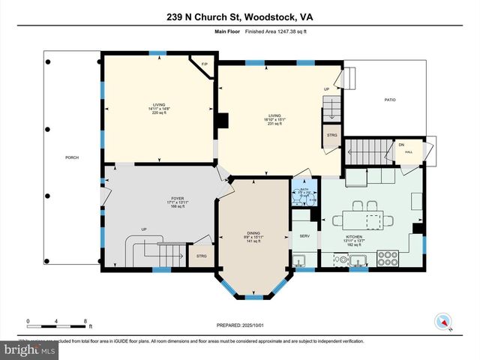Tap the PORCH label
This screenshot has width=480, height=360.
pos(72,157)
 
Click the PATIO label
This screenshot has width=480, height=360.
pos(389,100)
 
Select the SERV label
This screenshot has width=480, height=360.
pos(304,236)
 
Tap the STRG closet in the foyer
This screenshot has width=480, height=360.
pos(201,256)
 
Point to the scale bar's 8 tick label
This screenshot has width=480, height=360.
pos(86,321)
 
